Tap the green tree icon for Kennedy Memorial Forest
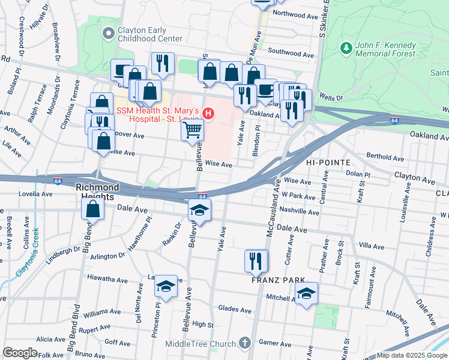pos(345,47)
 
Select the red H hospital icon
pos(208,112)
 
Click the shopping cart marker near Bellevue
pos(192,130)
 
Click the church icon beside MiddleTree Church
pos(244,343)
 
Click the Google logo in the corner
pos(20,353)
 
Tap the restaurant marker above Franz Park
pos(256,260)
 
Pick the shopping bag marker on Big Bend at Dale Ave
pos(93,209)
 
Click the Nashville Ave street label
pos(300,212)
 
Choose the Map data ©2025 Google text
pos(411,355)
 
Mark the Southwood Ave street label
pos(291,55)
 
